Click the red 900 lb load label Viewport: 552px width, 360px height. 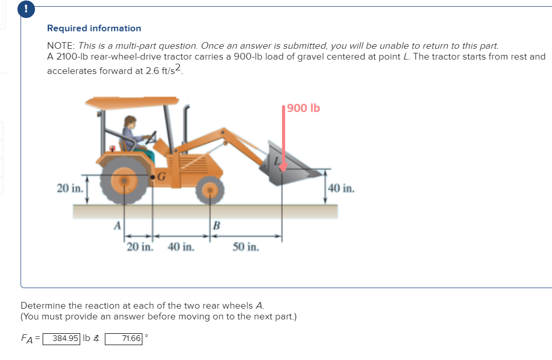tap(304, 108)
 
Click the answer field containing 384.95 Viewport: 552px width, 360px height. tap(61, 338)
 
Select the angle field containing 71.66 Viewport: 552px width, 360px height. tap(123, 338)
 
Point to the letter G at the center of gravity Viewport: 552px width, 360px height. tap(161, 177)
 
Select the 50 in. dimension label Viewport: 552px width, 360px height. tap(246, 247)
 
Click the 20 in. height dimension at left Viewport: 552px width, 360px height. tap(69, 188)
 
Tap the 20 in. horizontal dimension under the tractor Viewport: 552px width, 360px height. tap(140, 247)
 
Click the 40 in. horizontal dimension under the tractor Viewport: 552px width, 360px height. tap(181, 247)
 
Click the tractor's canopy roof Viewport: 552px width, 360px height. tap(132, 102)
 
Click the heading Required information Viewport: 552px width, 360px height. tap(94, 28)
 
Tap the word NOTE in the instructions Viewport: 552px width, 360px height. tap(61, 46)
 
